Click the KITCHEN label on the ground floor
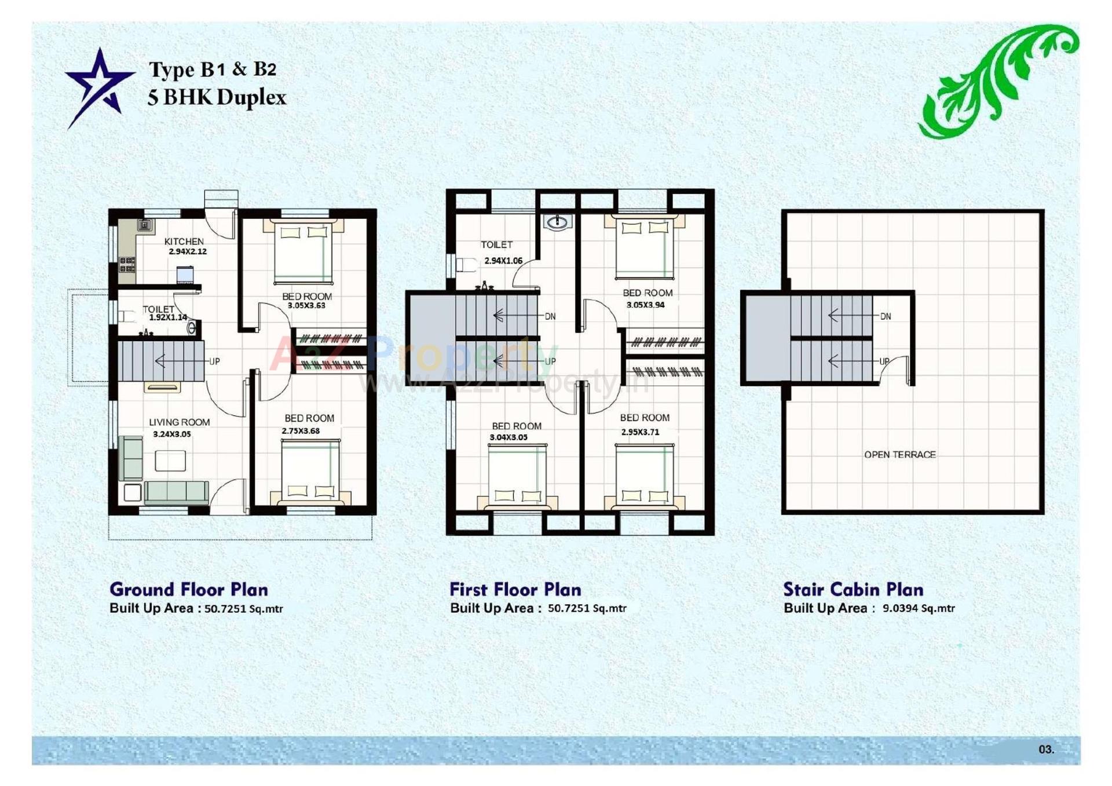184,241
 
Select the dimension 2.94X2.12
188,251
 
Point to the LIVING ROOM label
179,422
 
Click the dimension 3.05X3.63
306,305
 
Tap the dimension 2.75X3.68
301,430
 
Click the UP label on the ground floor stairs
214,361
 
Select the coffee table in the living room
170,461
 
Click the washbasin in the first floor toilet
557,222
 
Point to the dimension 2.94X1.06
503,261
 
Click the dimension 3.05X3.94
645,305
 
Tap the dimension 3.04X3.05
508,437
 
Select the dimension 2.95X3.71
640,432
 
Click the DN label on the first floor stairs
550,316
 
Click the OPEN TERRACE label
899,455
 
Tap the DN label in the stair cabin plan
886,316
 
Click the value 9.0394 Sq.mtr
919,608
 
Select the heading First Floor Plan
515,589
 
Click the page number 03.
1046,749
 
